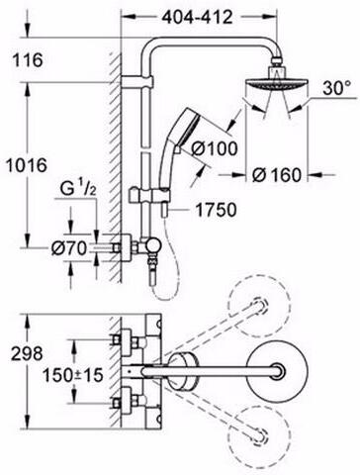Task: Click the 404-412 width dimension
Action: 201,17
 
